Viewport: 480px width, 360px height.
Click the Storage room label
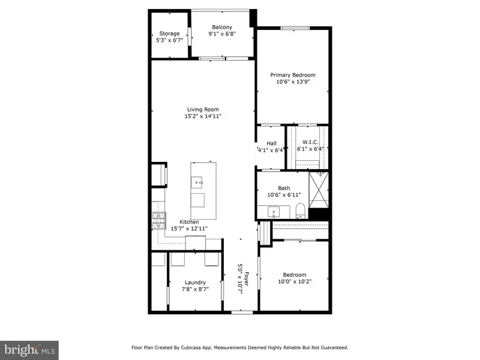[x=169, y=34]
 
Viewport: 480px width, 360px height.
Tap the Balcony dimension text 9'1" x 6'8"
[x=222, y=34]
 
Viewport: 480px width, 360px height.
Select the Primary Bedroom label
[x=292, y=75]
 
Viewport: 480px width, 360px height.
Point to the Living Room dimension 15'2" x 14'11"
[x=202, y=116]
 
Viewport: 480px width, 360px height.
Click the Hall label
[x=271, y=143]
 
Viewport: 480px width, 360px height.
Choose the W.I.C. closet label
[x=310, y=142]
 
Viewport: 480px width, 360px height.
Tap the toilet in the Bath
[x=301, y=211]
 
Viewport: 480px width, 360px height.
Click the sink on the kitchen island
[x=199, y=181]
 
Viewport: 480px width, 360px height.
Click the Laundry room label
[x=195, y=282]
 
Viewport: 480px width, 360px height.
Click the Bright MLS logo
[x=30, y=347]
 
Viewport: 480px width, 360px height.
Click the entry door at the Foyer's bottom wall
[x=241, y=312]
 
